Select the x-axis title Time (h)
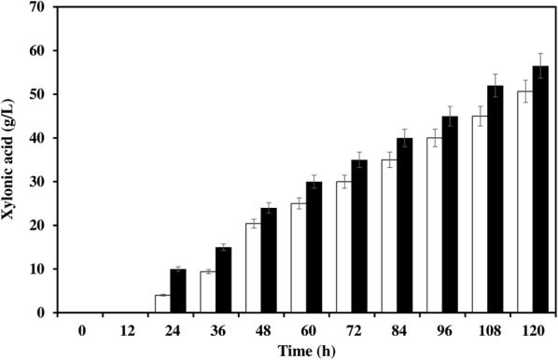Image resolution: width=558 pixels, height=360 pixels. point(305,350)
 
